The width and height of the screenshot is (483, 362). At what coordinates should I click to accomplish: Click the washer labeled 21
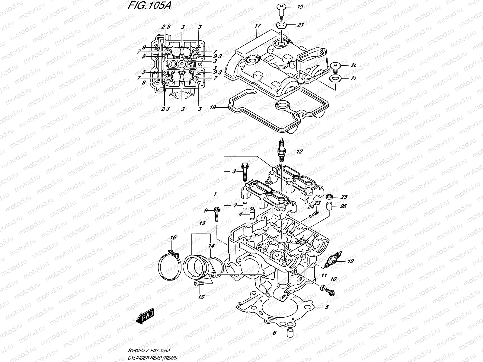(x=281, y=25)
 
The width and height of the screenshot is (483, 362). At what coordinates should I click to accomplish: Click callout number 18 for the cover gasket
(x=213, y=107)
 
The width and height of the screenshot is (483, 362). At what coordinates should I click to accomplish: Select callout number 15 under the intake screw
(x=201, y=297)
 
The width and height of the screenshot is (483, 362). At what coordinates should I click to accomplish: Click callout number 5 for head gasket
(x=327, y=307)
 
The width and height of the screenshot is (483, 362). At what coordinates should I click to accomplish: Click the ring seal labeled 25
(x=331, y=197)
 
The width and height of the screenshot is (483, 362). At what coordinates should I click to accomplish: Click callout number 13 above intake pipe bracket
(x=202, y=224)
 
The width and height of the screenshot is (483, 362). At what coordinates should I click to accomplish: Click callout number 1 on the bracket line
(x=215, y=194)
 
